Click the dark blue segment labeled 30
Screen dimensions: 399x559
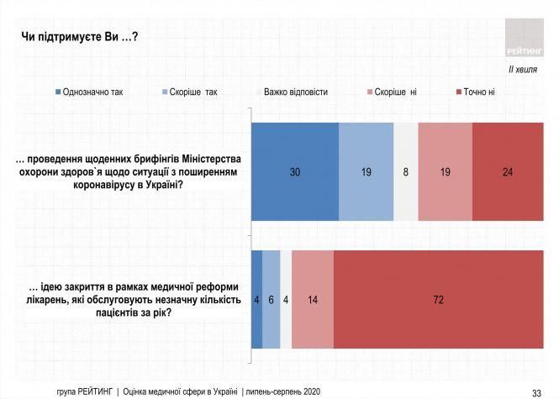(295, 171)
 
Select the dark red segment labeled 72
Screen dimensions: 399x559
(438, 299)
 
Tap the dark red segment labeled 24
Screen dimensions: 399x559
(508, 171)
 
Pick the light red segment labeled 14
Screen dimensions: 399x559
(313, 299)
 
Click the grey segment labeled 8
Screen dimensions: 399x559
(406, 171)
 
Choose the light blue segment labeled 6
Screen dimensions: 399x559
(272, 299)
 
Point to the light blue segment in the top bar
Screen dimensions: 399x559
(367, 171)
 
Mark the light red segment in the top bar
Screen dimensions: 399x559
(446, 171)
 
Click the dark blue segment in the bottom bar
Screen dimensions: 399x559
(257, 299)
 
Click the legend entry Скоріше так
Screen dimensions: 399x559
(192, 92)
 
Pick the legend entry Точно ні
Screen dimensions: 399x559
(478, 92)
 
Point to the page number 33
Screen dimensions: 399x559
(536, 391)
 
